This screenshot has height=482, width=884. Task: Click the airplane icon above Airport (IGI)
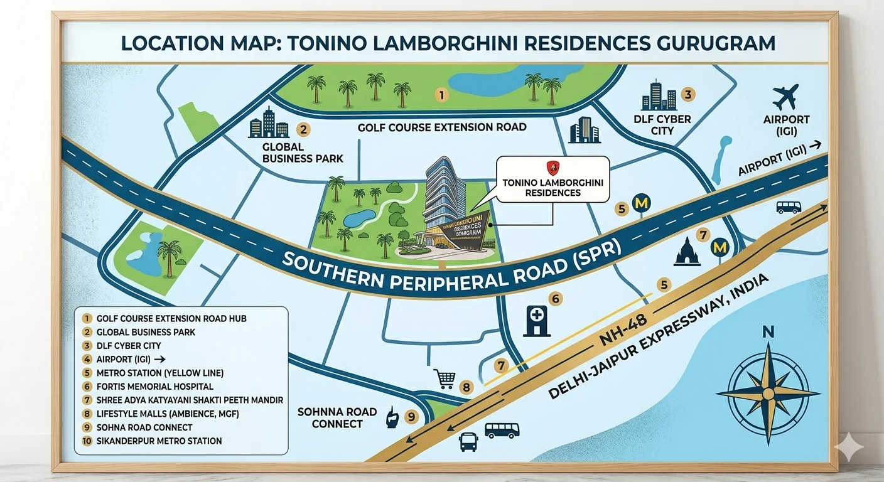pos(785,97)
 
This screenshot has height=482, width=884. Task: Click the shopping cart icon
pos(445,378)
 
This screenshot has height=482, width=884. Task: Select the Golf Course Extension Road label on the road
pos(442,127)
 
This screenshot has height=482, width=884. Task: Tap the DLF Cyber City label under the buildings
pos(662,125)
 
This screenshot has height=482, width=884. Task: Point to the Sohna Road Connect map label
pos(337,417)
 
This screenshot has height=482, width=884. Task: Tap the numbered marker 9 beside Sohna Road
pos(411,416)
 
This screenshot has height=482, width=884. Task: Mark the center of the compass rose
pos(767,393)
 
